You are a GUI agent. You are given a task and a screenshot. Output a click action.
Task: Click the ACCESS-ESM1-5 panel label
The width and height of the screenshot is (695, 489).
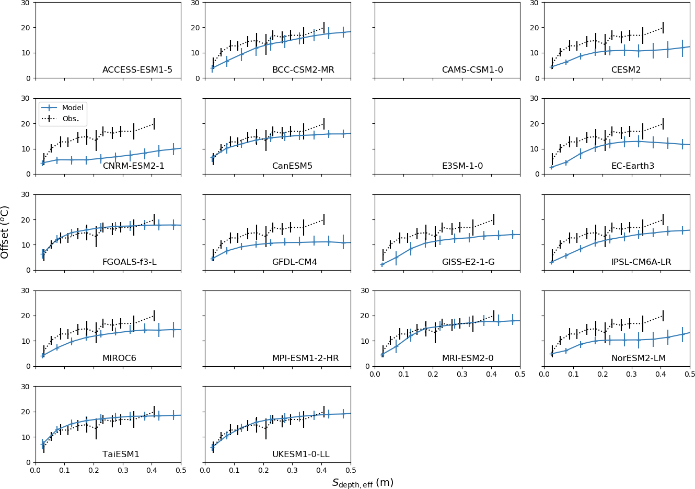137,70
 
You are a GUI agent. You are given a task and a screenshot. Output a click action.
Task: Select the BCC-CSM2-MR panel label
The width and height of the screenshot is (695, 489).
303,70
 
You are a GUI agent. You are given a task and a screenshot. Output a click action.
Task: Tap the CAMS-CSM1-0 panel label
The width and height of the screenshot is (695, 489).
472,70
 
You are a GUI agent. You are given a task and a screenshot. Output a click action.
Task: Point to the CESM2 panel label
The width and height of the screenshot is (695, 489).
626,70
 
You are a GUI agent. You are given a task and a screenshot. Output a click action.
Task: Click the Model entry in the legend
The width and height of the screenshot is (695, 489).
73,108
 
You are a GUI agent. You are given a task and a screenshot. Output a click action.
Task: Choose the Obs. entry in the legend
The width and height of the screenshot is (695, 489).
71,119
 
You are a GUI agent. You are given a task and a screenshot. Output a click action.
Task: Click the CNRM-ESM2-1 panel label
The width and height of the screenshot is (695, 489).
133,166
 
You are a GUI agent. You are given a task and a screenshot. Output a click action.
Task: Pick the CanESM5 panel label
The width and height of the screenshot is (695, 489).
292,166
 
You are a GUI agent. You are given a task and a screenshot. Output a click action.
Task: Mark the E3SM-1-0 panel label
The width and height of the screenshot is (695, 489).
462,166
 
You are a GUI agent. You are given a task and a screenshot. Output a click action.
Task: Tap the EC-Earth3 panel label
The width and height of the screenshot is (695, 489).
632,166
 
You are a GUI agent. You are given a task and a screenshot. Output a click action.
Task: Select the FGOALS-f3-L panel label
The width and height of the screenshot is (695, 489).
129,262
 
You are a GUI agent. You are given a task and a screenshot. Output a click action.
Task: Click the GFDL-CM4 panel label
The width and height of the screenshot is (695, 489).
294,262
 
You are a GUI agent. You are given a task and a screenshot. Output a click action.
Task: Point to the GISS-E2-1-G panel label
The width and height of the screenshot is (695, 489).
468,262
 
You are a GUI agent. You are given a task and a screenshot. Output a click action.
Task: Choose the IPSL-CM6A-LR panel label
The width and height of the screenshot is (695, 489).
641,262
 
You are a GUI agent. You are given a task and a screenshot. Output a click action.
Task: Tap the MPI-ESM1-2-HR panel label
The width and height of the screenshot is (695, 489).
305,358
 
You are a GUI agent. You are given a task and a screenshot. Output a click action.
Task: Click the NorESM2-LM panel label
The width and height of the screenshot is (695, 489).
638,358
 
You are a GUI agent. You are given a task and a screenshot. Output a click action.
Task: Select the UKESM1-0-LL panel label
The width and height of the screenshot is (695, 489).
300,455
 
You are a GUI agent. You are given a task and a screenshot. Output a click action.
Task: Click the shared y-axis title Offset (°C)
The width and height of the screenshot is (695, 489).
5,232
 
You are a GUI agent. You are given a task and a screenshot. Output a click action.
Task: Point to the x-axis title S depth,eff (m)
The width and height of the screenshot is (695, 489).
363,483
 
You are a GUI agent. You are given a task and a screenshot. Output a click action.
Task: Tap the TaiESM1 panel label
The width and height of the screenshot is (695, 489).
121,455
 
